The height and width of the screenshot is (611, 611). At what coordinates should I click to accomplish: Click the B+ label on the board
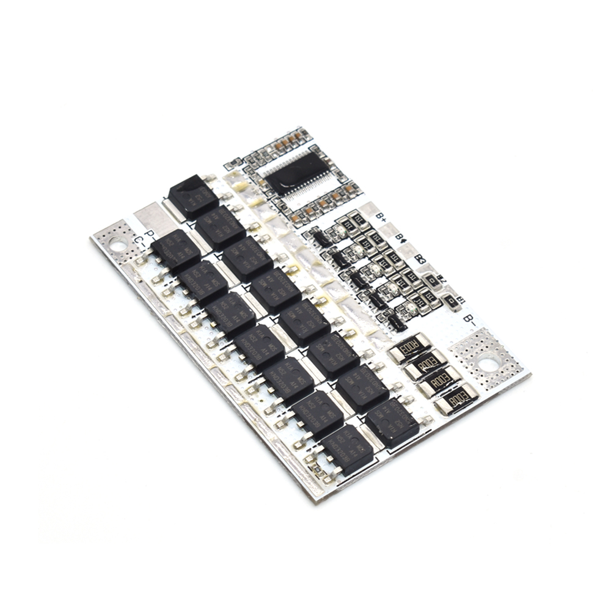[381, 216]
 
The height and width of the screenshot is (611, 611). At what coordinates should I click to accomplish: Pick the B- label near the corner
[469, 319]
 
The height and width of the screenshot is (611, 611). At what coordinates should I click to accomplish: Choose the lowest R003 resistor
[456, 400]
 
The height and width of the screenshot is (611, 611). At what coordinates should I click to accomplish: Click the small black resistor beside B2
[432, 280]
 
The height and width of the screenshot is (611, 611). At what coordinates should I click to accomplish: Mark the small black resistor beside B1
[452, 301]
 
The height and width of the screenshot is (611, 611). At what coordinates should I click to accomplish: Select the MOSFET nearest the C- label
[176, 250]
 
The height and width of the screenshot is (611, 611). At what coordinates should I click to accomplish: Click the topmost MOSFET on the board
[192, 196]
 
